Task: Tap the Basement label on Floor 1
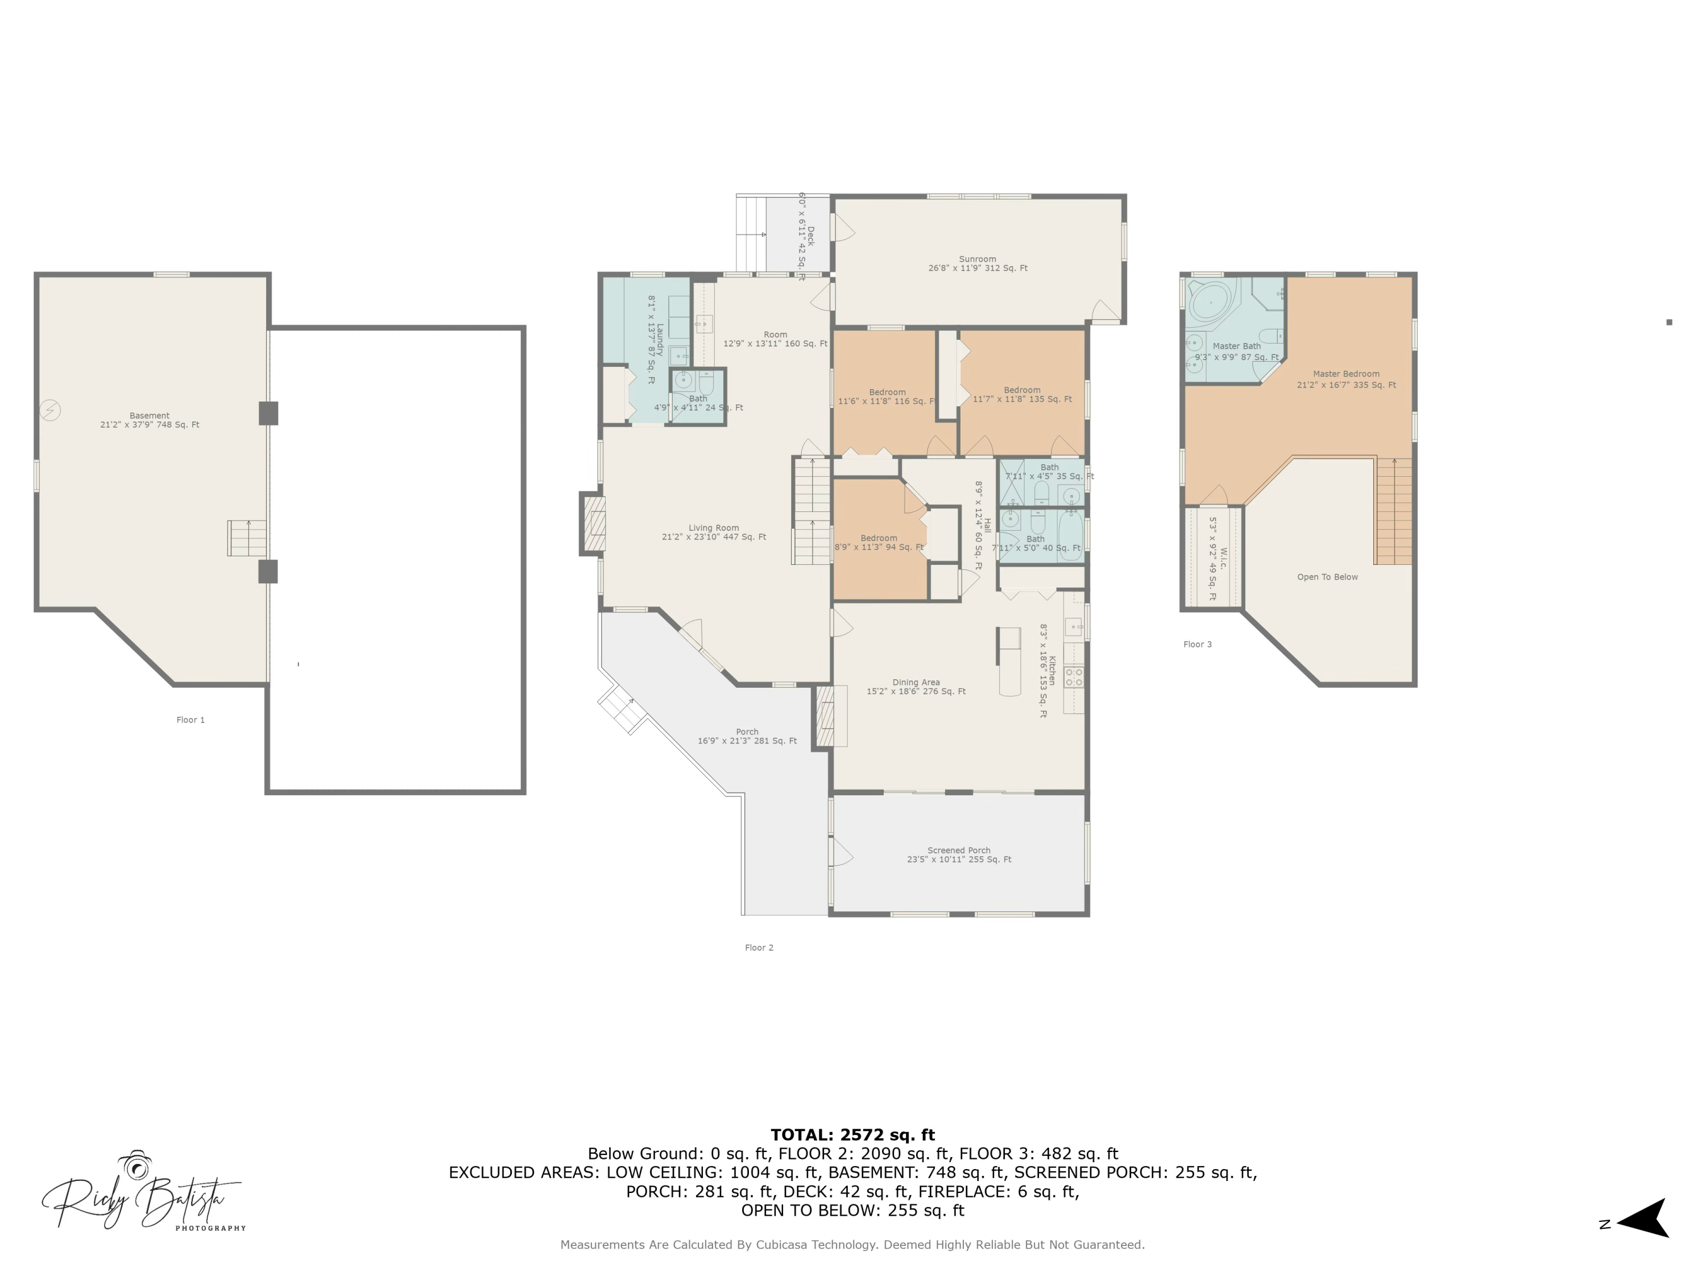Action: click(150, 420)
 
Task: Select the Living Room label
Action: click(714, 532)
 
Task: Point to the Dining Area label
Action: click(916, 687)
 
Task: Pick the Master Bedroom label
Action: click(1346, 379)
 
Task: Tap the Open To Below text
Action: click(1327, 577)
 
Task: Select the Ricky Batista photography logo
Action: click(143, 1191)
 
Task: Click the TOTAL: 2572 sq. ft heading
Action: click(852, 1134)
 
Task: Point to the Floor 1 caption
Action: click(191, 720)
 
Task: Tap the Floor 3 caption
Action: click(1197, 644)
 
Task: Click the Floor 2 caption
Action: click(759, 947)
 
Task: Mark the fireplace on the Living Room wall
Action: click(593, 524)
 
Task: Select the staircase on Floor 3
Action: click(1394, 511)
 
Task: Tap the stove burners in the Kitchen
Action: click(1074, 678)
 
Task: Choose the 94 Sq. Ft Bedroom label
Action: click(879, 542)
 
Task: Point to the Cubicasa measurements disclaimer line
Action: click(852, 1245)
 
